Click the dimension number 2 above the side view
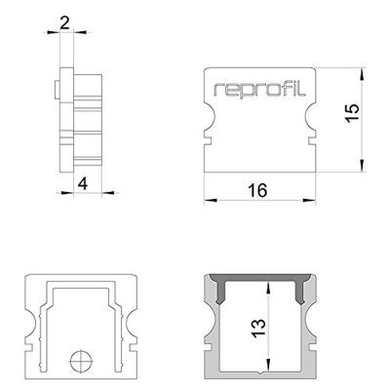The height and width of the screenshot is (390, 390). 64,21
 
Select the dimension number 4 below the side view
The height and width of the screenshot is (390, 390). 83,181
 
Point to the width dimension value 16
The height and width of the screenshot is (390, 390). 257,190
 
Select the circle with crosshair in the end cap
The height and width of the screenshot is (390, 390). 79,363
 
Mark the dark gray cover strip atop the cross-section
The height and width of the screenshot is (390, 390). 257,282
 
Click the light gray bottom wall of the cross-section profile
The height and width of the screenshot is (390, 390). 257,376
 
